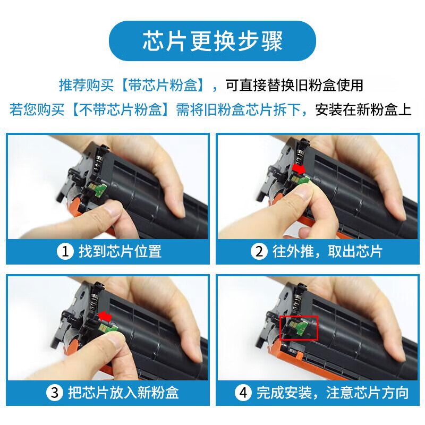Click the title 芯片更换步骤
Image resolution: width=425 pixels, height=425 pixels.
tap(212, 41)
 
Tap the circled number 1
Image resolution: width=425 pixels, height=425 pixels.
tap(65, 251)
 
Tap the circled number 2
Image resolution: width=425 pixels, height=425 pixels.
tap(259, 251)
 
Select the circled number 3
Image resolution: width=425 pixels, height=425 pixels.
tap(55, 393)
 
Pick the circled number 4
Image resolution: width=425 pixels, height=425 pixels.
tap(243, 393)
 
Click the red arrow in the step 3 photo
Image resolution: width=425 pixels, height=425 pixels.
tap(105, 316)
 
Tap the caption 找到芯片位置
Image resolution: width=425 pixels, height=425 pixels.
tap(120, 251)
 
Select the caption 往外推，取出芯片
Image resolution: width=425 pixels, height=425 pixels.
tap(327, 251)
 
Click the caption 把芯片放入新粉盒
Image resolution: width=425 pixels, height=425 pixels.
tap(123, 393)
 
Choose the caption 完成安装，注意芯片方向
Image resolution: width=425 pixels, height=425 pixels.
tap(333, 393)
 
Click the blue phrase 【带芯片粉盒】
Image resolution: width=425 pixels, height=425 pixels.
tap(162, 85)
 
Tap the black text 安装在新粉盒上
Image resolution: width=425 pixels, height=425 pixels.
tap(363, 110)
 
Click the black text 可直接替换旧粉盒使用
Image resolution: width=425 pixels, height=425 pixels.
tap(294, 85)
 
